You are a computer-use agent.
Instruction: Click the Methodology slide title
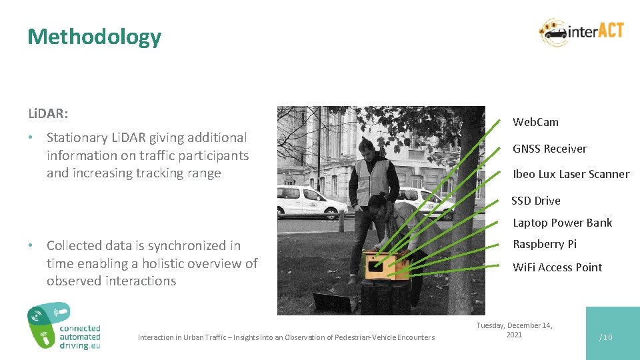pos(94,37)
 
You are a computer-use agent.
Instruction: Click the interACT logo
pos(581,32)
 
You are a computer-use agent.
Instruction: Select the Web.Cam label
pos(535,122)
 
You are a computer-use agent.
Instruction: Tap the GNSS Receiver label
pos(549,149)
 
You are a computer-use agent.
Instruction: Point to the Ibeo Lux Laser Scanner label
pos(571,174)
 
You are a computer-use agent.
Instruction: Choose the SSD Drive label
pos(535,201)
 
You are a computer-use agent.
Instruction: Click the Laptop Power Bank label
pos(562,223)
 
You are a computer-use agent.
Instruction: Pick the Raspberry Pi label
pos(544,244)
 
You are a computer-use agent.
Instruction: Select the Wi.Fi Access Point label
pos(557,267)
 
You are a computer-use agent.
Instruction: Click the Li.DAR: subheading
pos(47,114)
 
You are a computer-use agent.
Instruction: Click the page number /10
pos(605,337)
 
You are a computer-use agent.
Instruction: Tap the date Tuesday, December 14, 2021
pos(513,330)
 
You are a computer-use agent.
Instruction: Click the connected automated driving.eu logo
pos(64,327)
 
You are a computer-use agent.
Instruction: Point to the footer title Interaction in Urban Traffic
pos(286,337)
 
